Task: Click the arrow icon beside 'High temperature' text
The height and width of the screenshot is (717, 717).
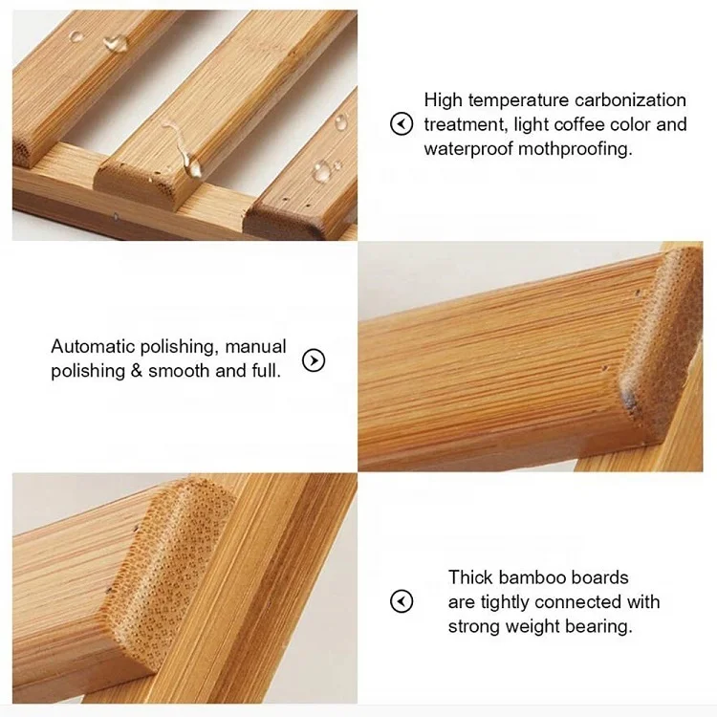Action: point(402,124)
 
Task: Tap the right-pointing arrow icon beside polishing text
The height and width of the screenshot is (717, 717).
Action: point(314,360)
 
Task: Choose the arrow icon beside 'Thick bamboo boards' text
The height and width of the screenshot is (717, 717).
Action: point(402,601)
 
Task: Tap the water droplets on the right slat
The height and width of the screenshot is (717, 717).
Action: point(326,169)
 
